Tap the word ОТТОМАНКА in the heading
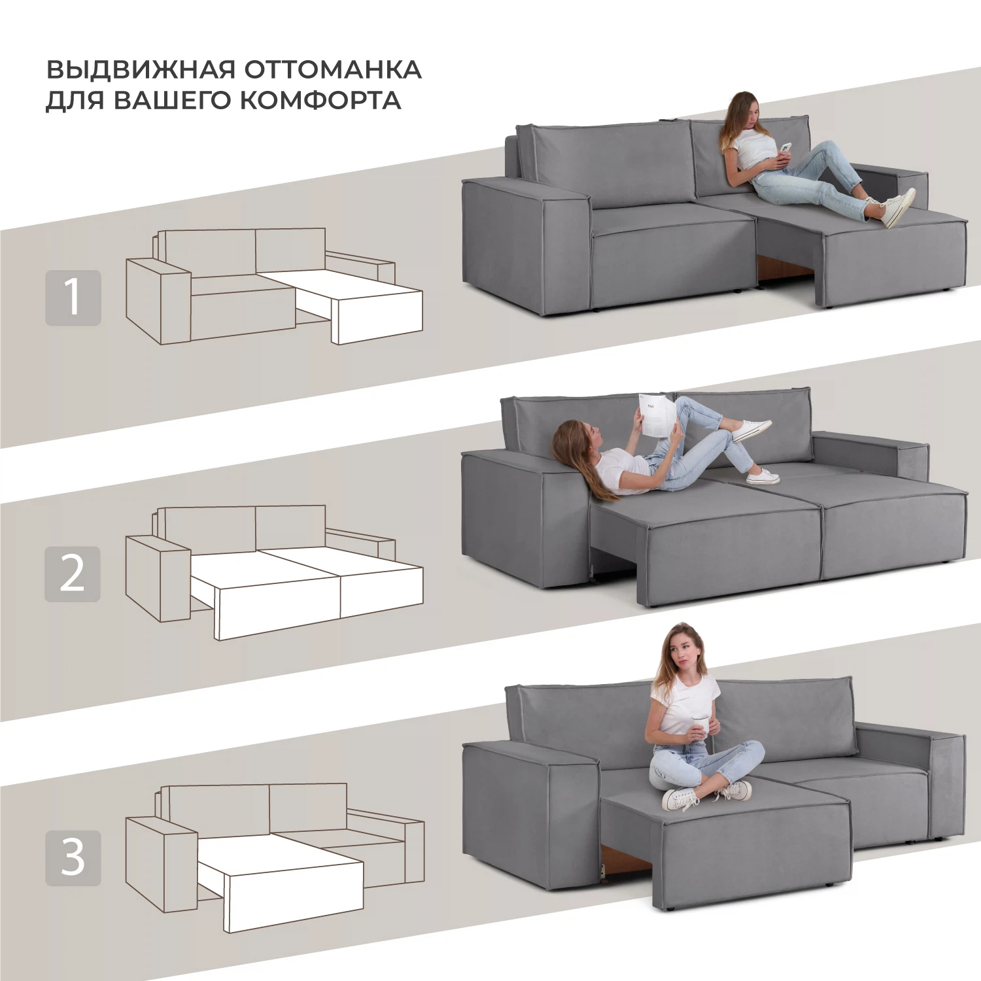click(x=333, y=70)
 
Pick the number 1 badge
click(x=73, y=298)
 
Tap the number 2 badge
click(x=73, y=574)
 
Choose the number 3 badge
click(x=73, y=858)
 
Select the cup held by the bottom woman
click(x=700, y=727)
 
